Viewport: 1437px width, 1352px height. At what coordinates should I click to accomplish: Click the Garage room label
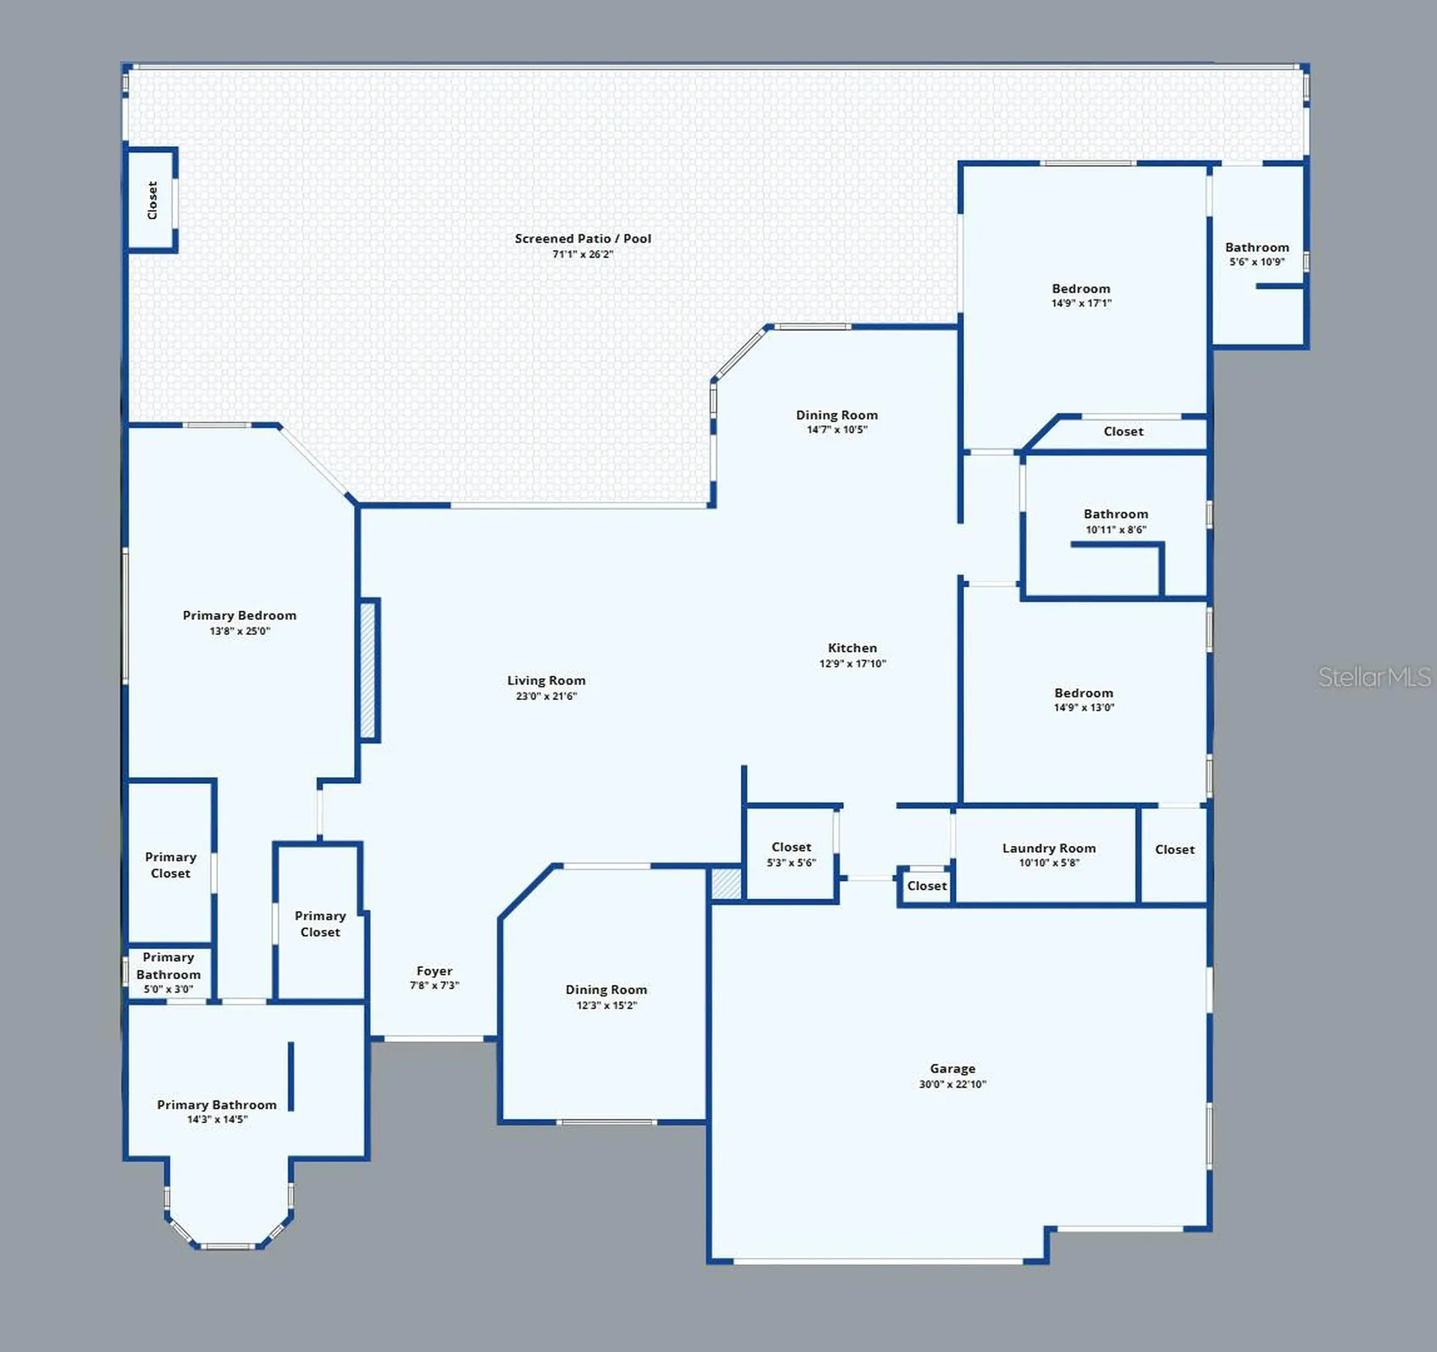953,1068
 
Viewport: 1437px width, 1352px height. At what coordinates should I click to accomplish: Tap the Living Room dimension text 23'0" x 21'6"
546,696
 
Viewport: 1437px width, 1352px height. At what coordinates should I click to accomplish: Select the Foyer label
434,971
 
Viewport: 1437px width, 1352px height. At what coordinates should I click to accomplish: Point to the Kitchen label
852,648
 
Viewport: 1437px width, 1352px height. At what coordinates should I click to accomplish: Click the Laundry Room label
1049,848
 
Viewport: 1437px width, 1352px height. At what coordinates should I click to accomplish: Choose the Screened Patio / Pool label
583,239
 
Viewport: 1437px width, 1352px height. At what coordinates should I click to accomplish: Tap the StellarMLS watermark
1374,677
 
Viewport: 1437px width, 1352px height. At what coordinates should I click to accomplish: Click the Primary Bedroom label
239,615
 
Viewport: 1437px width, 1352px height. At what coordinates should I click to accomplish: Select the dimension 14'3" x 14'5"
217,1119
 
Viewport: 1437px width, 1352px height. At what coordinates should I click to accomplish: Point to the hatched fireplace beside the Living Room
368,670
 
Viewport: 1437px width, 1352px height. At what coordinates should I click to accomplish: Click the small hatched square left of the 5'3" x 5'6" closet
726,883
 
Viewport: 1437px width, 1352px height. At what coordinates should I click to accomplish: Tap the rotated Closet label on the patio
153,200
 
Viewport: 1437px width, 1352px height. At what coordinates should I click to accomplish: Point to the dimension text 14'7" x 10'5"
837,430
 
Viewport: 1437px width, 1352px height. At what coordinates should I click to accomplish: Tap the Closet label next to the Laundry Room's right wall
1175,850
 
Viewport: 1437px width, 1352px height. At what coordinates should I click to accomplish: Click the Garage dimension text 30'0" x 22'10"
953,1084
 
